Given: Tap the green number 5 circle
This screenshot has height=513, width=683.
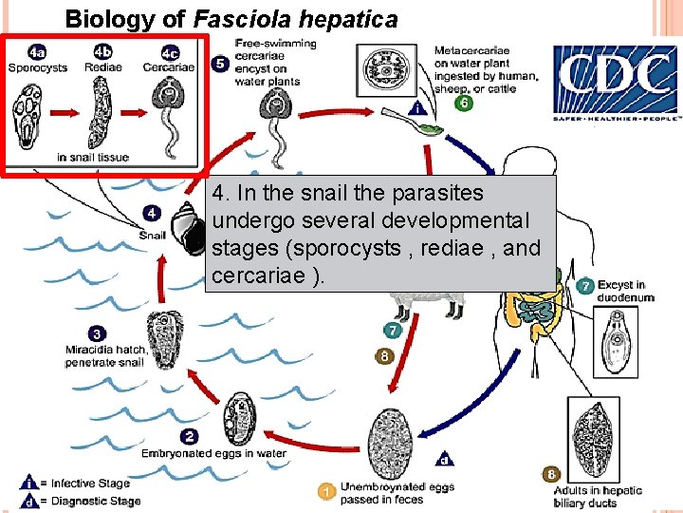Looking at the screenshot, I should pyautogui.click(x=219, y=64).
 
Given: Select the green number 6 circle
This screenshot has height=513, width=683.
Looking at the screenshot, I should pyautogui.click(x=464, y=103).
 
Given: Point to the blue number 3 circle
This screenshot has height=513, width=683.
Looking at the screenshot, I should pyautogui.click(x=98, y=333).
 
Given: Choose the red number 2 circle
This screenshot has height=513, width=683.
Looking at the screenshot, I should pyautogui.click(x=190, y=436).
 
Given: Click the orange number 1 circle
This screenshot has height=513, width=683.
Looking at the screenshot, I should pyautogui.click(x=325, y=491).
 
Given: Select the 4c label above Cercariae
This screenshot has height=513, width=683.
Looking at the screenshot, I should pyautogui.click(x=169, y=51).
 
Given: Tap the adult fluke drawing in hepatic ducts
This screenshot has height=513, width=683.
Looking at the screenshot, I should pyautogui.click(x=621, y=428).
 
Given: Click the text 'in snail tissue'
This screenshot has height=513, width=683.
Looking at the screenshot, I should pyautogui.click(x=93, y=157).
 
